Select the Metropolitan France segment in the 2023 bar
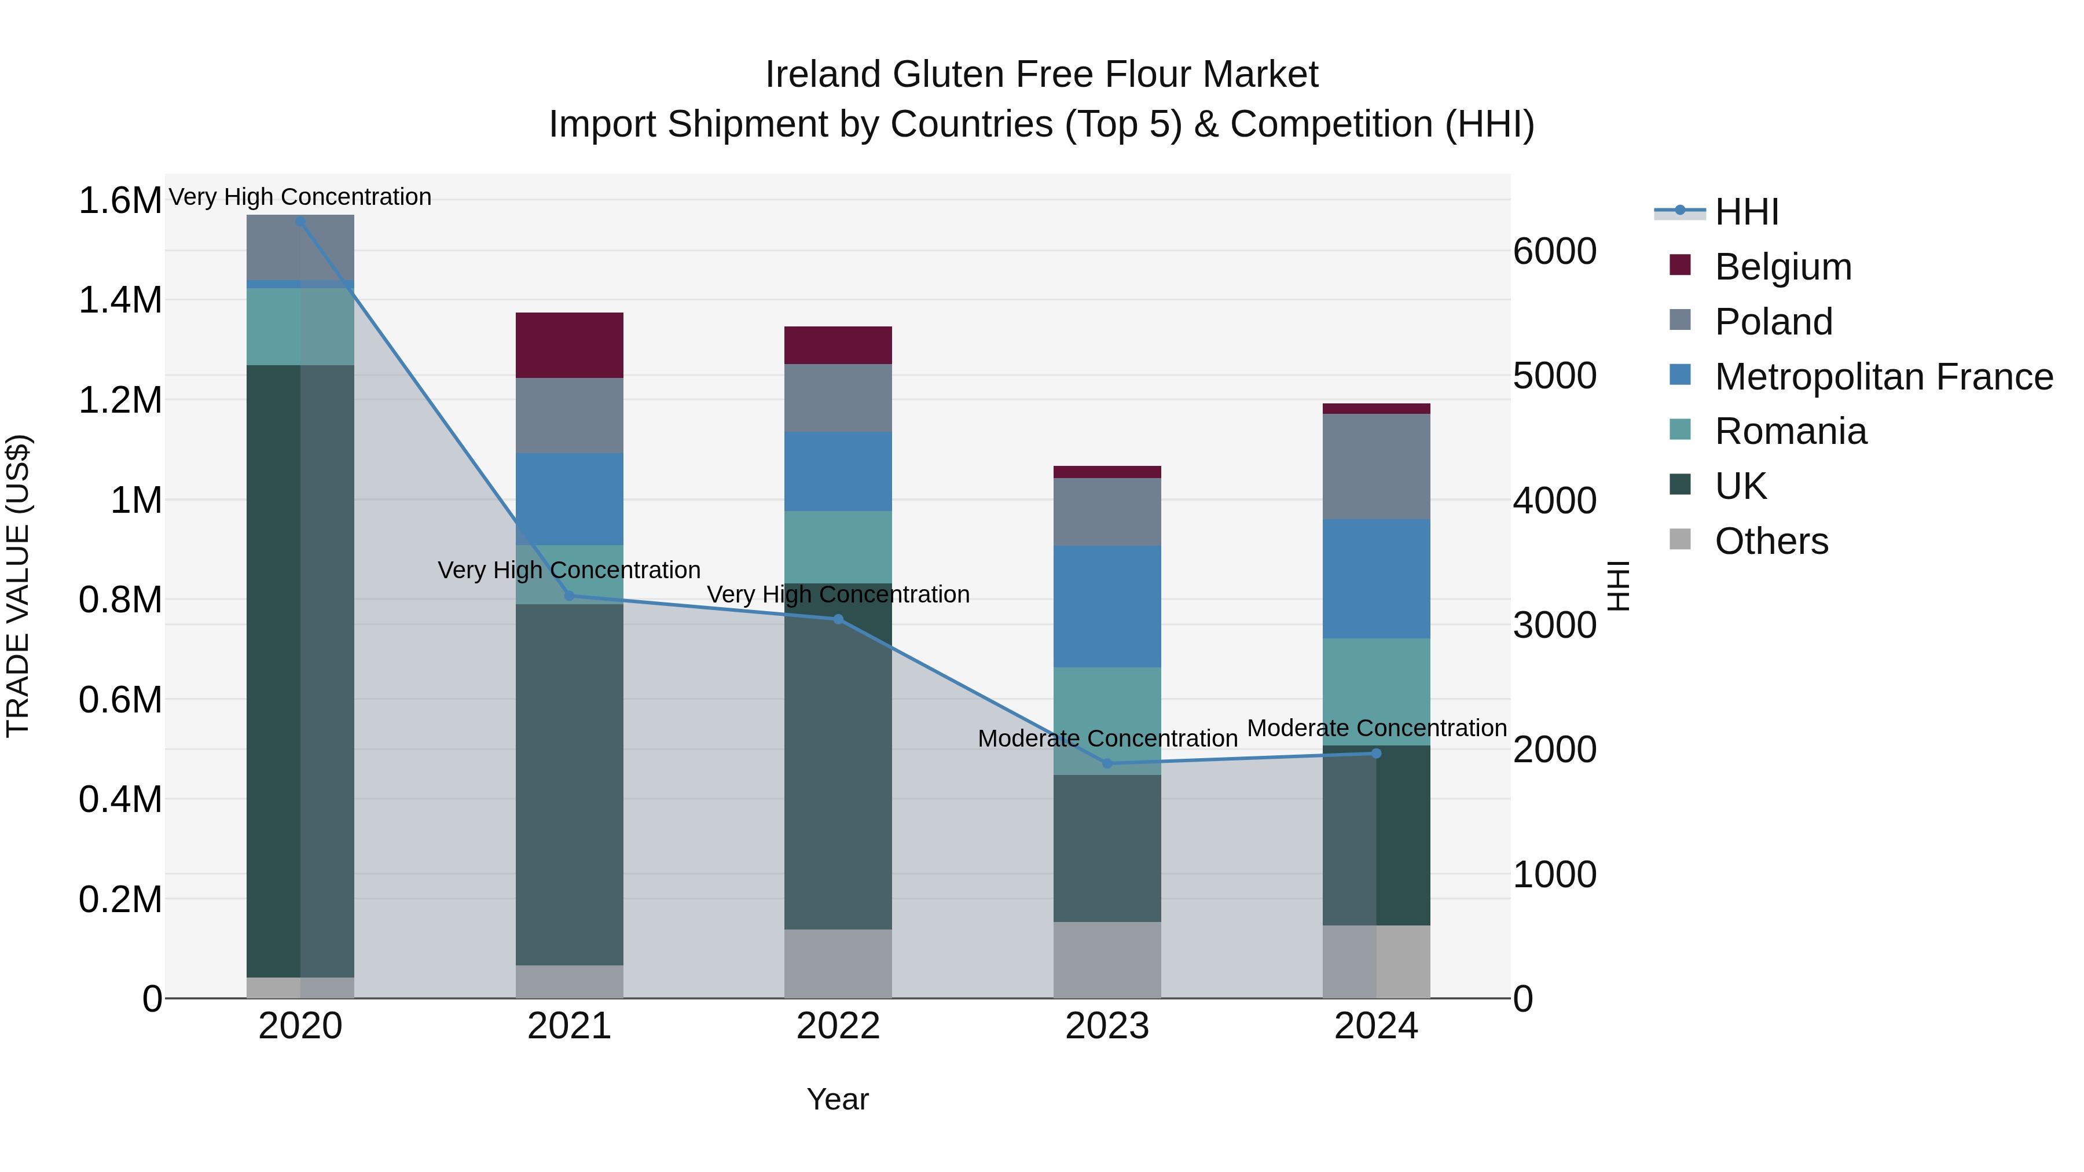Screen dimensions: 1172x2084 [1107, 606]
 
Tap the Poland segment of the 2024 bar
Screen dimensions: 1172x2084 [1375, 466]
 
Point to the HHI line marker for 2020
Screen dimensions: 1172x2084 [300, 221]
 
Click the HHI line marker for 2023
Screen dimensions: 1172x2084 [1107, 763]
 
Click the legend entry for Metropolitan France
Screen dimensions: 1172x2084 [1883, 377]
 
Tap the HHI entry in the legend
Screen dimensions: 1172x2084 [1746, 212]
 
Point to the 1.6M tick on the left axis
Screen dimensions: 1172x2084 [120, 201]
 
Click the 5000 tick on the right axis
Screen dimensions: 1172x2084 [1554, 376]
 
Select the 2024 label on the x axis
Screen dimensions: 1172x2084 [1375, 1026]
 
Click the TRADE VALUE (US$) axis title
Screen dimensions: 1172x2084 [18, 586]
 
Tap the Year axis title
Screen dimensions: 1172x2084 [837, 1099]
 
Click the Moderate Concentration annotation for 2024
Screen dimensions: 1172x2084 [1376, 728]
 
